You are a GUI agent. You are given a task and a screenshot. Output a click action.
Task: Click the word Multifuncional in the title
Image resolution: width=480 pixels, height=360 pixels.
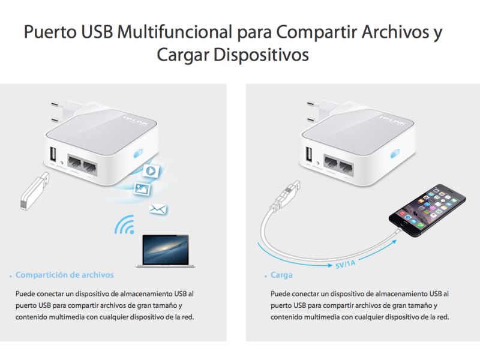coord(175,32)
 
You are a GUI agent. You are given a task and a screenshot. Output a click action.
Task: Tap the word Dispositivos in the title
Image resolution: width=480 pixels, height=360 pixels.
coord(261,55)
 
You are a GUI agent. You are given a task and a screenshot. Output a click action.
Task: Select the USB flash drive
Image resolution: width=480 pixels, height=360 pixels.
coord(35,191)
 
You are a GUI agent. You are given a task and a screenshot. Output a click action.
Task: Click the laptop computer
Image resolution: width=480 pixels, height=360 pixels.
coord(166,251)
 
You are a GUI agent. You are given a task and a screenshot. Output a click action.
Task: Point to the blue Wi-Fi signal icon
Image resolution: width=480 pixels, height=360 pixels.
coord(125,226)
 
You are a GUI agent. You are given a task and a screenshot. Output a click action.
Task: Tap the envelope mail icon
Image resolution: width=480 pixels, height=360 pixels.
coord(158,209)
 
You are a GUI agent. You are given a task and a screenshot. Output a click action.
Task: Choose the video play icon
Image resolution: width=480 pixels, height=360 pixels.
coord(151,171)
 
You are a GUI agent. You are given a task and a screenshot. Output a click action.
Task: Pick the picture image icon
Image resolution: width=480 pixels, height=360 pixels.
coord(142,188)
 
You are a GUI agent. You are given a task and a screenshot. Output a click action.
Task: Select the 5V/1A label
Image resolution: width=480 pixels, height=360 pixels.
coord(346,264)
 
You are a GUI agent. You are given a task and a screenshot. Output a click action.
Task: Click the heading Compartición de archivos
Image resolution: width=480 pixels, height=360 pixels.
coord(65,275)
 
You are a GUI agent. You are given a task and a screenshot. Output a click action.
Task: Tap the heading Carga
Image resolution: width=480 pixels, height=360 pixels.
coord(281,275)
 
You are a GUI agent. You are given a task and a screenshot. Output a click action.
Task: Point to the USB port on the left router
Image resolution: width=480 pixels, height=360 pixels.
coord(53,154)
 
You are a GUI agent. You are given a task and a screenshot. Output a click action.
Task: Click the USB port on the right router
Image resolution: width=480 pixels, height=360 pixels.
coord(309,154)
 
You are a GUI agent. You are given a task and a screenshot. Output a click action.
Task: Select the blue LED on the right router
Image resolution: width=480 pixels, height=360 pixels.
coord(395,154)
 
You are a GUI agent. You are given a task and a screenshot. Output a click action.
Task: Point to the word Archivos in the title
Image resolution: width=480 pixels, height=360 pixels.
coord(395,32)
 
